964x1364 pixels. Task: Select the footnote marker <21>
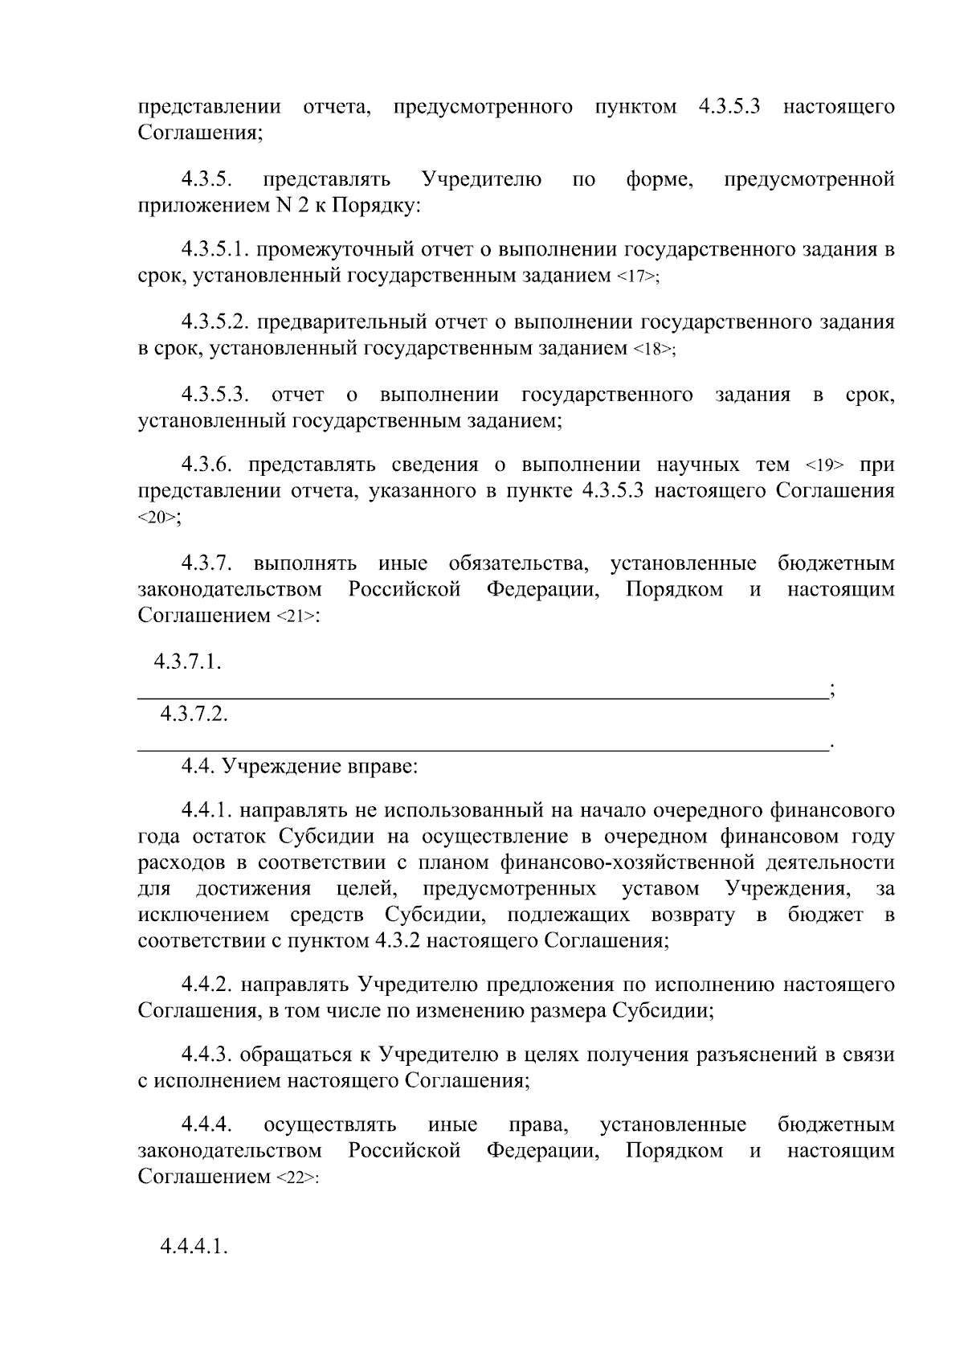296,617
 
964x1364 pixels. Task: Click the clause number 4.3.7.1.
189,663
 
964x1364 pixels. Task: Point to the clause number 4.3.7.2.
194,714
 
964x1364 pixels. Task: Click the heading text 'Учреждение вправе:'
320,766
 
